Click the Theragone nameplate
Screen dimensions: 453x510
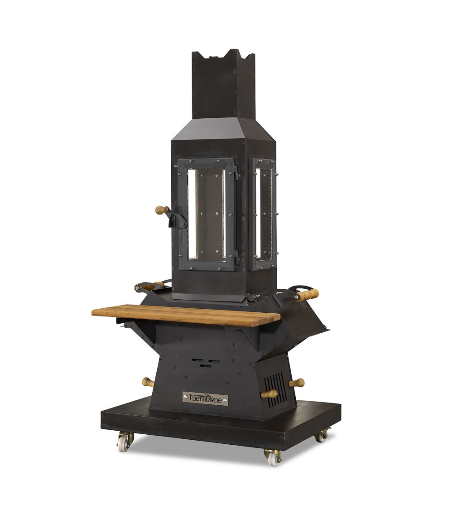point(205,398)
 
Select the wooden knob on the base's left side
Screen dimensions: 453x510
point(148,382)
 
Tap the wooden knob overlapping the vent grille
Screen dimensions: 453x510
point(269,394)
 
